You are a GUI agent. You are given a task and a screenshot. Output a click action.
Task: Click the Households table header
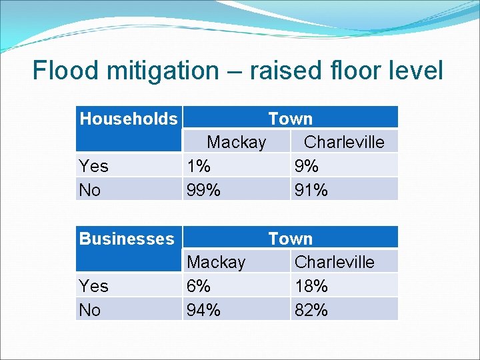point(128,119)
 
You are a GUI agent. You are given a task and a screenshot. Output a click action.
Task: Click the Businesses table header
point(126,239)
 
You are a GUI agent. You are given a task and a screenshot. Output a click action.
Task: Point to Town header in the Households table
point(290,119)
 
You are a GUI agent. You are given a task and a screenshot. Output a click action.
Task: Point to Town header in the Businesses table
point(290,239)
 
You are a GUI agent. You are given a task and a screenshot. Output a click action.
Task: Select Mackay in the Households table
point(236,142)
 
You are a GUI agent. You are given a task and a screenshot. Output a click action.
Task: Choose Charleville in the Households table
point(344,142)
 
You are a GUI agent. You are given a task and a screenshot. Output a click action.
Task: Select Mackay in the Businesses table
point(216,262)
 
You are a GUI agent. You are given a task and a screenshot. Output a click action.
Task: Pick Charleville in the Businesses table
point(334,262)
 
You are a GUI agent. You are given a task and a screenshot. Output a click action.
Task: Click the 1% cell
point(199,166)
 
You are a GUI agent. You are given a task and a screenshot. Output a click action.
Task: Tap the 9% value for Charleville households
point(306,166)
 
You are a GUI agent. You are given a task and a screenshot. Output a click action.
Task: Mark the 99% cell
point(203,190)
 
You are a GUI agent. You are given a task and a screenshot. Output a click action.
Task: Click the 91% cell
point(311,190)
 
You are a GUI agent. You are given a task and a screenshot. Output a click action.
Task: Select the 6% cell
point(199,286)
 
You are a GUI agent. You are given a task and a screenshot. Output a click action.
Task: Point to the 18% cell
point(311,286)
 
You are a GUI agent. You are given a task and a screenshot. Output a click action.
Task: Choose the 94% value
point(203,310)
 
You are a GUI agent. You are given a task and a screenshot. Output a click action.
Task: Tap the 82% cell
point(311,310)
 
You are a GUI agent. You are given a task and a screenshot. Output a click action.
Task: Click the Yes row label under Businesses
point(93,286)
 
